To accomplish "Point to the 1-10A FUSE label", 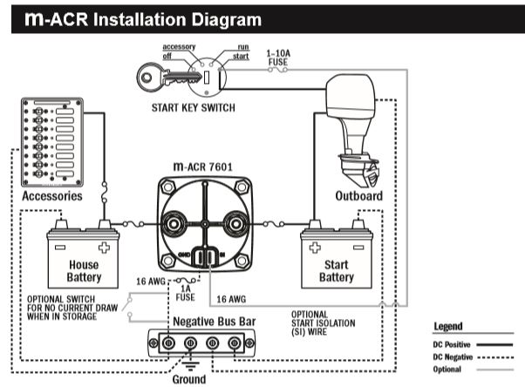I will (x=280, y=58).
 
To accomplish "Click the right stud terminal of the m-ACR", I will (x=235, y=224).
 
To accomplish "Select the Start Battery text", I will (x=336, y=271).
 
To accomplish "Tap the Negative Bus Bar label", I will (x=215, y=321).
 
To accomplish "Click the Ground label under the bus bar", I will (x=189, y=379).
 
